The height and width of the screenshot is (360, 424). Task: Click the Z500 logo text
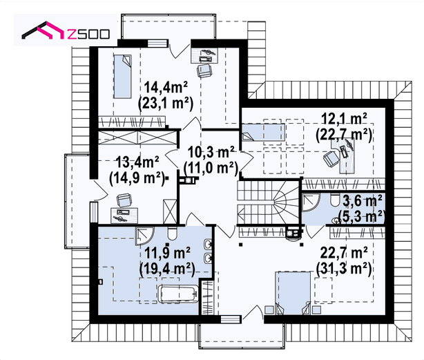point(88,34)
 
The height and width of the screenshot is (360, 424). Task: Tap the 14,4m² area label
point(166,87)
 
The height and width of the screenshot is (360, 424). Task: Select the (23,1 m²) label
point(166,103)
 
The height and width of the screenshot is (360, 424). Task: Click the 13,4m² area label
point(137,162)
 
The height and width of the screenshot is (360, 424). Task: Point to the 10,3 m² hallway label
point(211,152)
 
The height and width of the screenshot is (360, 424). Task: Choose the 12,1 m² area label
point(344,118)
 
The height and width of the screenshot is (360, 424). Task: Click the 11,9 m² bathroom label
point(167,253)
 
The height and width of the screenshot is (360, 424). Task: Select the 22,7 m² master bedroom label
point(344,253)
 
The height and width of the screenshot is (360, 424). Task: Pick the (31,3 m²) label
point(344,269)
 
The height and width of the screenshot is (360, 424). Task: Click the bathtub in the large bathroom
point(178,294)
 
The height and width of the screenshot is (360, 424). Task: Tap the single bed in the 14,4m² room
point(122,76)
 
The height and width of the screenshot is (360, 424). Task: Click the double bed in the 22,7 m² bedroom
point(293,293)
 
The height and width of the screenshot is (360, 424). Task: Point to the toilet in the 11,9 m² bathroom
point(172,234)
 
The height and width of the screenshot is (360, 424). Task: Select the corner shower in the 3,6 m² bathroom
point(311,202)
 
